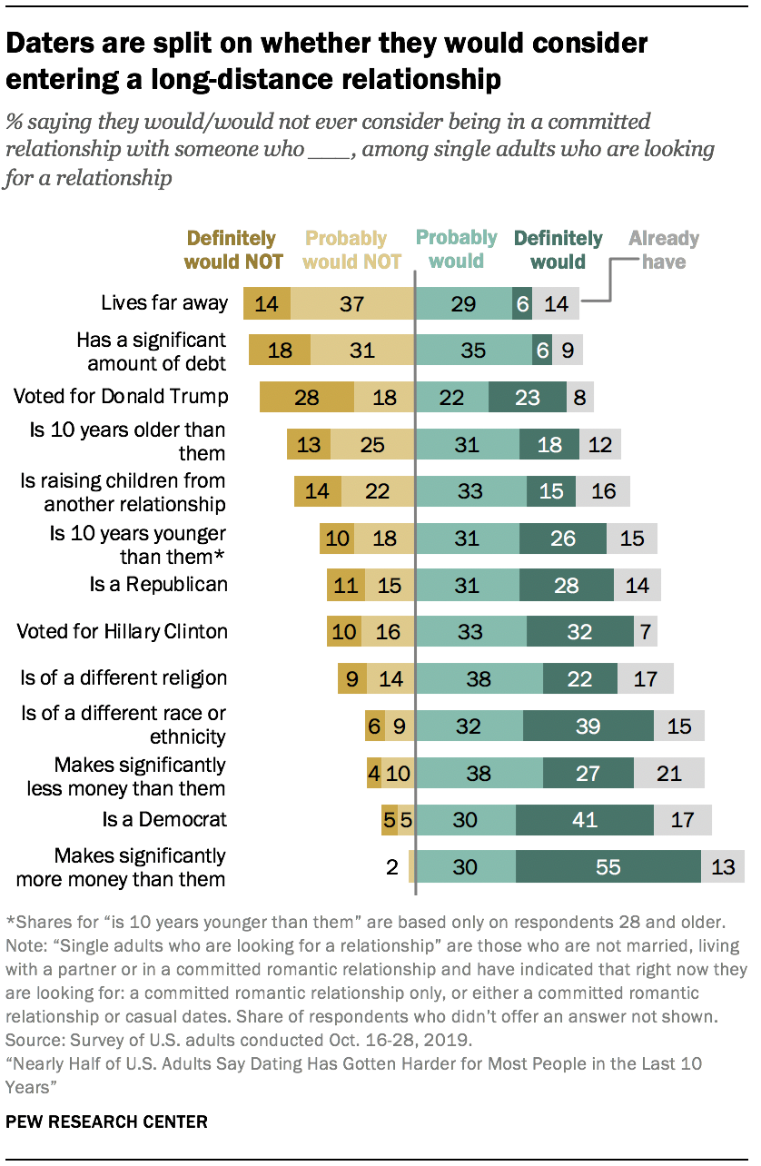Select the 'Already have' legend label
click(664, 250)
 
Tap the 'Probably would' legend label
click(456, 250)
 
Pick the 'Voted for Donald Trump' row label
click(120, 397)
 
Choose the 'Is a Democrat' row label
click(164, 820)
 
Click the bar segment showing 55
click(608, 867)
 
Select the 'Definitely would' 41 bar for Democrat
click(584, 820)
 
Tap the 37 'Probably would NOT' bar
click(351, 303)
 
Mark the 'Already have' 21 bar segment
click(668, 773)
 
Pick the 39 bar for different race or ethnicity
click(588, 726)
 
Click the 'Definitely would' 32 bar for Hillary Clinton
click(579, 631)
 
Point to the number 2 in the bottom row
click(392, 867)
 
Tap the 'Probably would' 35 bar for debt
click(473, 350)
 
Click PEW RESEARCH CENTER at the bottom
click(106, 1122)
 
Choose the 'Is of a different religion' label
click(124, 678)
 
